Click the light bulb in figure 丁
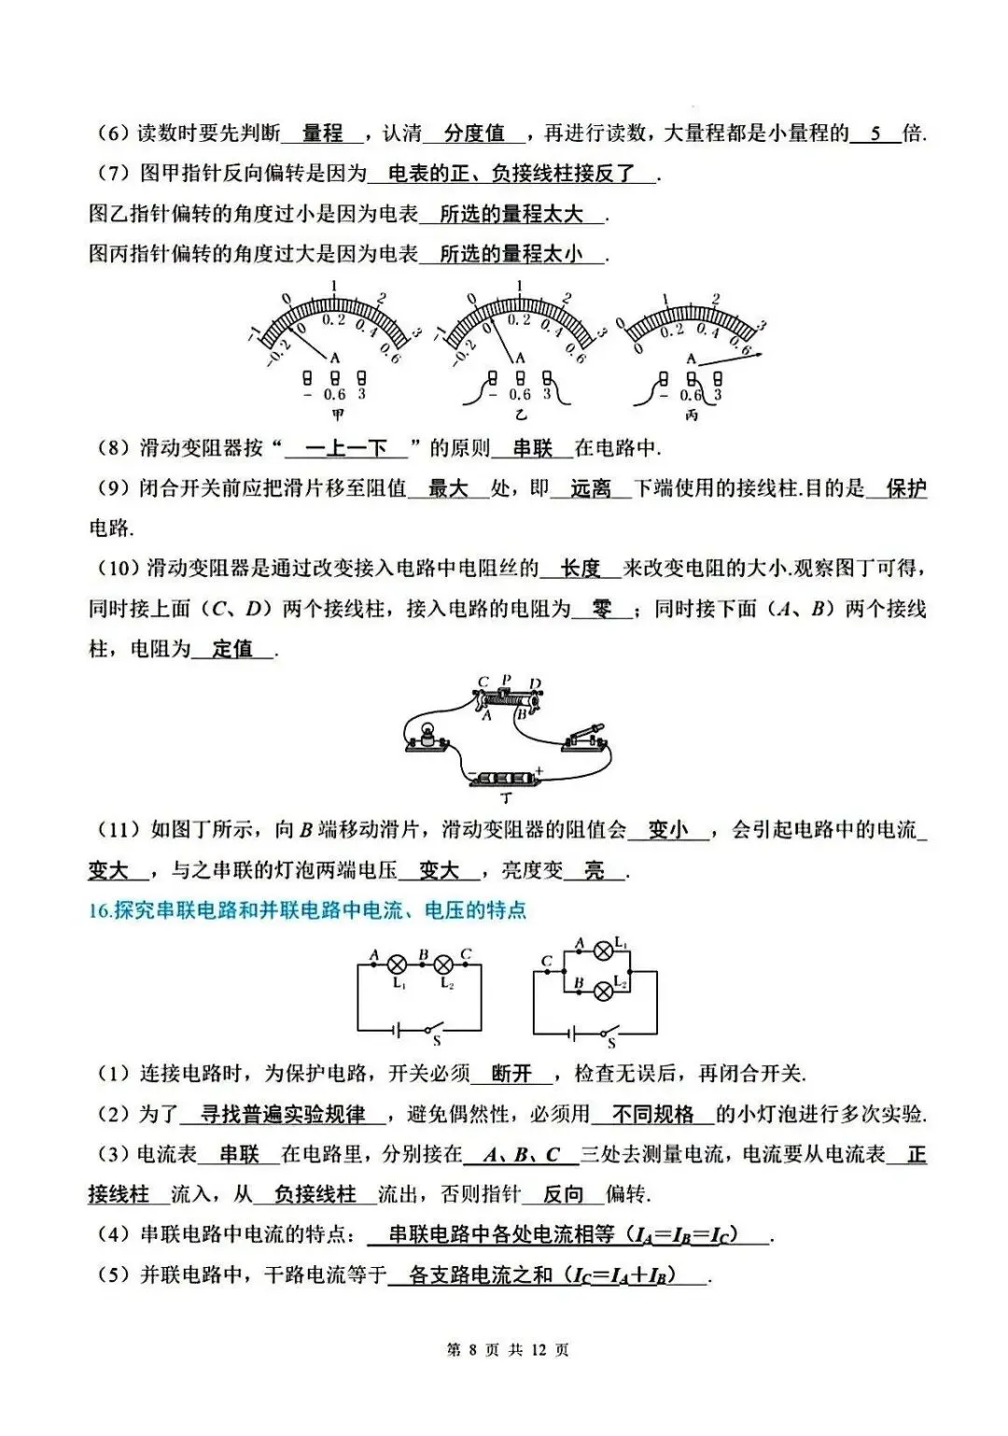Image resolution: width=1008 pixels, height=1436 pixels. point(428,734)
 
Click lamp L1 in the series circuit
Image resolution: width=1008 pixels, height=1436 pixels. point(398,965)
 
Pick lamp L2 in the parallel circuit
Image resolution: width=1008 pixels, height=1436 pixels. point(604,990)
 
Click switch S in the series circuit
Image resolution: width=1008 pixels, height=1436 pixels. point(432,1030)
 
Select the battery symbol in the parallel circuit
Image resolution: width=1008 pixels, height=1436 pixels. point(572,1032)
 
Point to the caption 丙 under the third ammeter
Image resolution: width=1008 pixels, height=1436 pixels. point(691,415)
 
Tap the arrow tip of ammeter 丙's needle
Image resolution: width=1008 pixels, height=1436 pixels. point(763,354)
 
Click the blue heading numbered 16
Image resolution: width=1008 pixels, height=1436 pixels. point(308,909)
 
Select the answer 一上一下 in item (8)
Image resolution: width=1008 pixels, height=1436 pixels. point(346,449)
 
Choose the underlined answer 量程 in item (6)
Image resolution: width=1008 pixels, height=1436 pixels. point(323,134)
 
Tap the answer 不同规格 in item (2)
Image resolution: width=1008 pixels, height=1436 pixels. point(653,1114)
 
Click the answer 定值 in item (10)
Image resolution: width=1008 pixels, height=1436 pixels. point(232,649)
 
